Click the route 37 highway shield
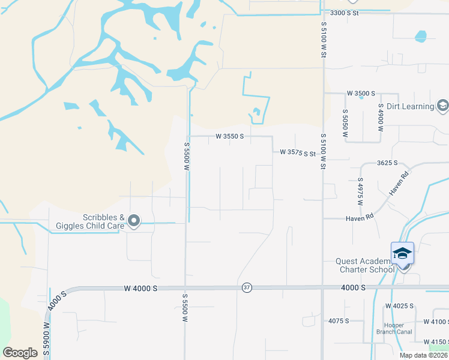[x=247, y=288]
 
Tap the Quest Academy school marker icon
[x=402, y=253]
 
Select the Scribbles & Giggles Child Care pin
[x=134, y=222]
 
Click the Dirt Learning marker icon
[x=442, y=106]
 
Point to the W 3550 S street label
[x=230, y=137]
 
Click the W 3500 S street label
[x=361, y=94]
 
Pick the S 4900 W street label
[x=381, y=118]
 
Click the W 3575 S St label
[x=298, y=153]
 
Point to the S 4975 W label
[x=361, y=191]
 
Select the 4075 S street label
[x=339, y=321]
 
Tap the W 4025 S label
[x=400, y=306]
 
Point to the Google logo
[x=20, y=352]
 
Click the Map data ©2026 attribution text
[x=424, y=355]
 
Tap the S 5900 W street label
[x=46, y=340]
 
